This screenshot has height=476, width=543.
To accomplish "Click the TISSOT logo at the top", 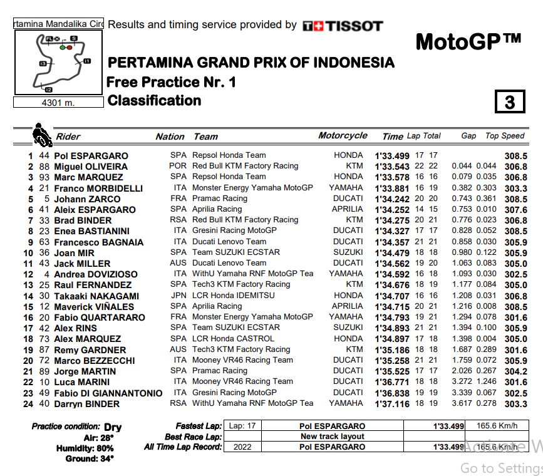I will pyautogui.click(x=342, y=26).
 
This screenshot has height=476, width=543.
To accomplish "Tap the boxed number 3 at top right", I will pyautogui.click(x=509, y=101).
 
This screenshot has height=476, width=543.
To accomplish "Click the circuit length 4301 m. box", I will pyautogui.click(x=58, y=103).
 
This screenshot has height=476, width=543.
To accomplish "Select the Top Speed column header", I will pyautogui.click(x=505, y=136).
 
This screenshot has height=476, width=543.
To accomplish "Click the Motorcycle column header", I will pyautogui.click(x=343, y=135).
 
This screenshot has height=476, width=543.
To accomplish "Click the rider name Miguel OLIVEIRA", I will pyautogui.click(x=91, y=167).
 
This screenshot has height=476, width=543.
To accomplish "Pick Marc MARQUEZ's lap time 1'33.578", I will pyautogui.click(x=391, y=177).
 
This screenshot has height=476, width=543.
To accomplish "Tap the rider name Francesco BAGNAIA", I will pyautogui.click(x=99, y=242).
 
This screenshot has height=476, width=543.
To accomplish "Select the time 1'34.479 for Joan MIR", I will pyautogui.click(x=391, y=252).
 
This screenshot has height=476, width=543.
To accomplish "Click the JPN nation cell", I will pyautogui.click(x=178, y=295).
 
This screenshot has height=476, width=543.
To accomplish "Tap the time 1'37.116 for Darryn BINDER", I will pyautogui.click(x=391, y=404).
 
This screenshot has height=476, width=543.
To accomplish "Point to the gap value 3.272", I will pyautogui.click(x=463, y=381).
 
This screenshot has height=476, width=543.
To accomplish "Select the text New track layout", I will pyautogui.click(x=332, y=437).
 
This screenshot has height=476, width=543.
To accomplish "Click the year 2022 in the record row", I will pyautogui.click(x=242, y=447).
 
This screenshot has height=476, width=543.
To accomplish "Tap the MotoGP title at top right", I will pyautogui.click(x=468, y=42).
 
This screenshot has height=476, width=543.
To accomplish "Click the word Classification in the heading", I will pyautogui.click(x=154, y=101).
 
